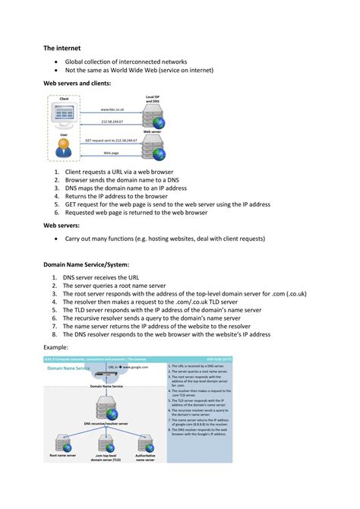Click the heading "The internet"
pyautogui.click(x=62, y=47)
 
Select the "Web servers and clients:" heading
pyautogui.click(x=77, y=82)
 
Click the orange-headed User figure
pyautogui.click(x=64, y=147)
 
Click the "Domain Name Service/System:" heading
pyautogui.click(x=92, y=266)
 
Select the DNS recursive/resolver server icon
pyautogui.click(x=106, y=410)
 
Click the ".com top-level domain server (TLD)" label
pyautogui.click(x=106, y=458)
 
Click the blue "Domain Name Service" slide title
pyautogui.click(x=68, y=368)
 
